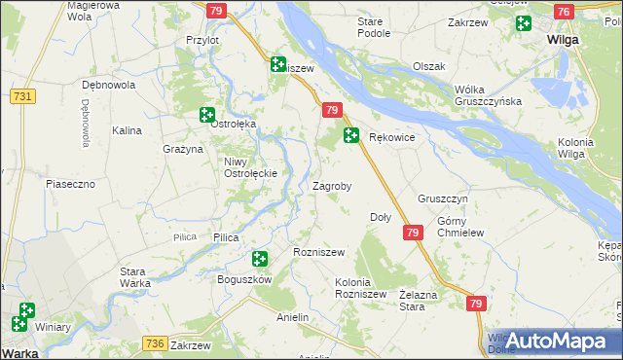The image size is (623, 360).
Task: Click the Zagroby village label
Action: tap(331, 185)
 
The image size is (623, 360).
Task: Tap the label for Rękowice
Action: tap(392, 138)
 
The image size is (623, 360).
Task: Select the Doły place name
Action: tap(381, 217)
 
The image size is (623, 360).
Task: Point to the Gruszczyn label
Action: tap(443, 198)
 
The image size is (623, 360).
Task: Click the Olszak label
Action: tap(428, 66)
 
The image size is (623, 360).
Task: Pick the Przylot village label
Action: tap(202, 40)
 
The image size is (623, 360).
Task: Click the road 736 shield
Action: tap(154, 343)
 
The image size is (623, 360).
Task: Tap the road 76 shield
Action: tap(563, 12)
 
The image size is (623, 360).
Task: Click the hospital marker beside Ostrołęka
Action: tap(207, 115)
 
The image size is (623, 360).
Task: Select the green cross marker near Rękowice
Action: tap(350, 136)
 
